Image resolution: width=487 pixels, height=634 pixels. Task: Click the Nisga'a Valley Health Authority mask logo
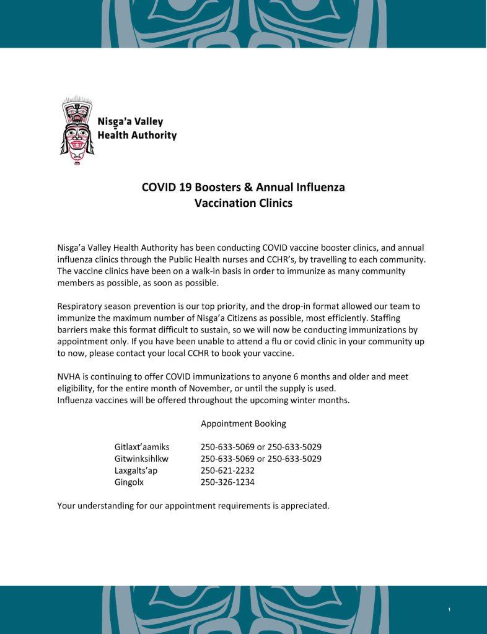coord(76,131)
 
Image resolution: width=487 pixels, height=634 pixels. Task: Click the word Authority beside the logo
coord(154,135)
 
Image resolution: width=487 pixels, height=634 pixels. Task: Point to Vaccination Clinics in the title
coord(243,203)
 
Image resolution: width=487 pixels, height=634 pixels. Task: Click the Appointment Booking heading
coord(243,423)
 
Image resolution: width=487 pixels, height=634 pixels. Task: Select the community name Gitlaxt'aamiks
coord(142,447)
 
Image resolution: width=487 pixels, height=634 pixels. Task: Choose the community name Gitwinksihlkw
coord(142,459)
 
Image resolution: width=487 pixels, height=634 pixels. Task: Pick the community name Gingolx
coord(128,482)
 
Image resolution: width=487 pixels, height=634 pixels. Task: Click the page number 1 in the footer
coord(449,611)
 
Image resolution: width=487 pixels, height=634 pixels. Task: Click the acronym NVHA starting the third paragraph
coord(69,376)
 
